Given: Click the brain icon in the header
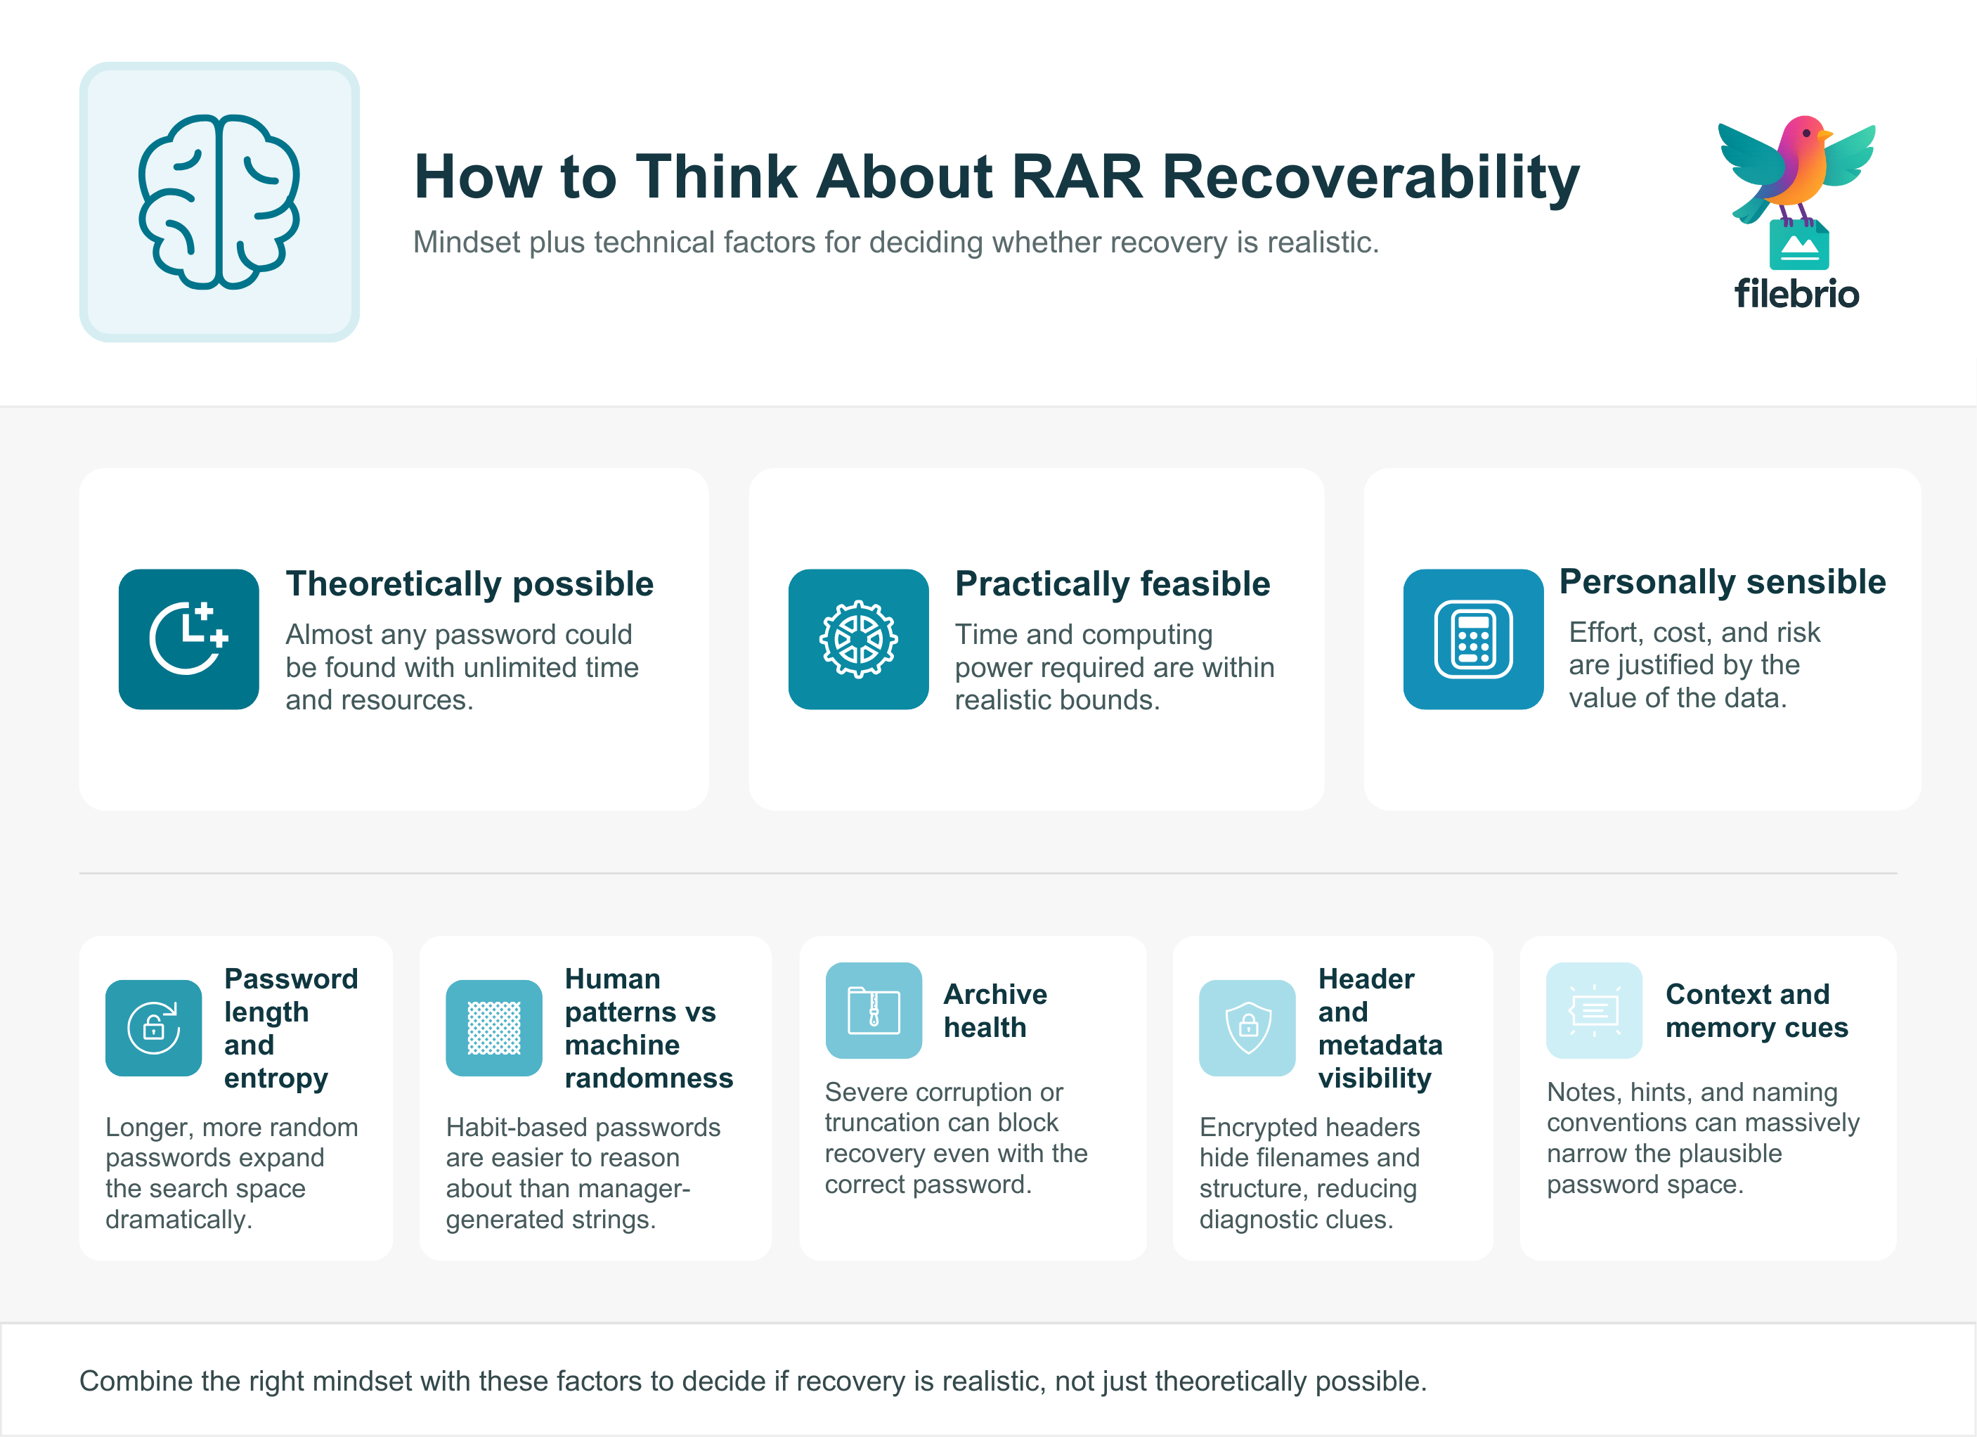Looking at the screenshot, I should coord(219,202).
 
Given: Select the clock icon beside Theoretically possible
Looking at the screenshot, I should coord(188,639).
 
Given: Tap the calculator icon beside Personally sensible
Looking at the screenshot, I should coord(1472,639).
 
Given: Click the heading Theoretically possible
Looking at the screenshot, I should coord(469,584).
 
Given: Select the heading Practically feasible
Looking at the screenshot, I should coord(1113,584).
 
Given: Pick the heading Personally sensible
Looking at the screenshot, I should coord(1722,581).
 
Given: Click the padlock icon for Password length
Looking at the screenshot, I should coord(153,1027).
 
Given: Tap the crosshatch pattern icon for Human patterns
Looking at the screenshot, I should coord(493,1027).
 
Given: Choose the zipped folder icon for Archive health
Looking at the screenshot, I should coord(874,1010).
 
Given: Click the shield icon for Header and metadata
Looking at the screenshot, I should coord(1247,1027).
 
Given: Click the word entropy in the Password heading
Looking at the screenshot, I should coord(276,1078).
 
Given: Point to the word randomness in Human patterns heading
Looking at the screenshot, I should coord(649,1078).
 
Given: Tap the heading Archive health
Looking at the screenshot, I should coord(994,1010).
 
